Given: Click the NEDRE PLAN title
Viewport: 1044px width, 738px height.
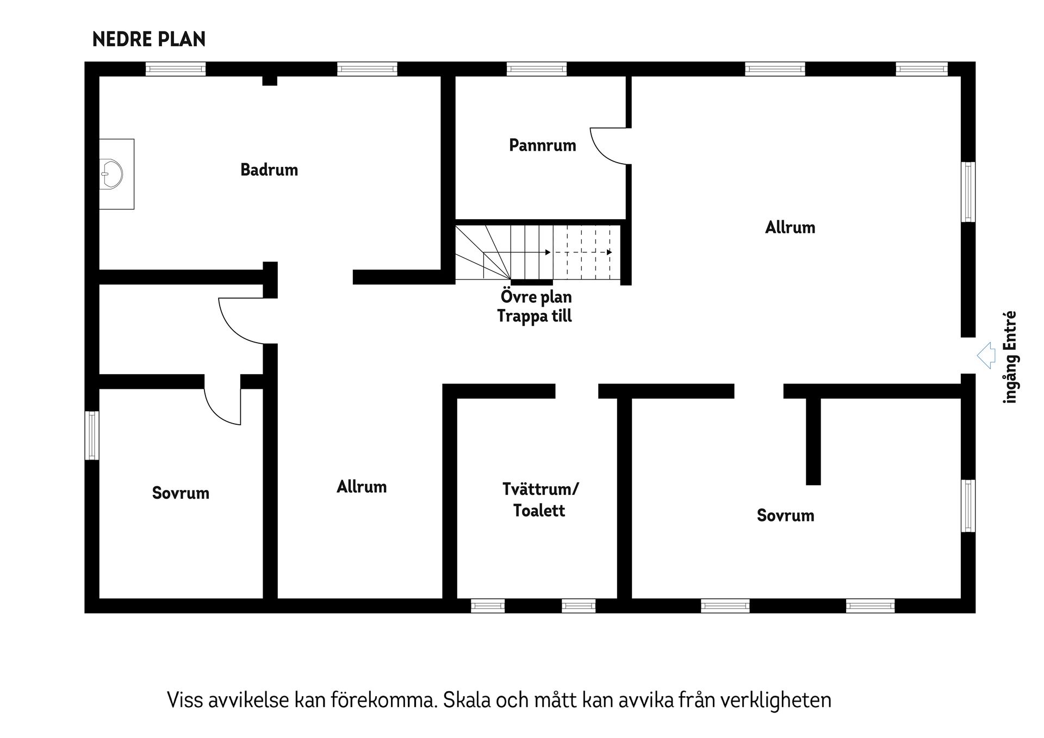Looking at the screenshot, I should pyautogui.click(x=149, y=40).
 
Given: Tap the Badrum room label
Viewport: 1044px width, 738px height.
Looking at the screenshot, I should pyautogui.click(x=269, y=170).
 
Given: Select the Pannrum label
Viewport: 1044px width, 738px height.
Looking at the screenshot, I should pyautogui.click(x=542, y=145).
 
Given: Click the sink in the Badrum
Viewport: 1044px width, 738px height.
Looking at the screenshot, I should pyautogui.click(x=111, y=174).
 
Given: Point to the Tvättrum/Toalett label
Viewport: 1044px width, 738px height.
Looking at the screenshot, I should pyautogui.click(x=540, y=500).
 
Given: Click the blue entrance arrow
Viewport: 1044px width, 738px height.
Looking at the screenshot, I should pyautogui.click(x=986, y=356).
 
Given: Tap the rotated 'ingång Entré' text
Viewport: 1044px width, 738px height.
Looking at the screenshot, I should pyautogui.click(x=1010, y=357).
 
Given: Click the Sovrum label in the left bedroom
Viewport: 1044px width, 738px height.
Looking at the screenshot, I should pyautogui.click(x=181, y=493).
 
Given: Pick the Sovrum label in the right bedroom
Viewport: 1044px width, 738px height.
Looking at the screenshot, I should pyautogui.click(x=785, y=516).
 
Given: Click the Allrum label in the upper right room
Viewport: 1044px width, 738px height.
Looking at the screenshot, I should pyautogui.click(x=790, y=227).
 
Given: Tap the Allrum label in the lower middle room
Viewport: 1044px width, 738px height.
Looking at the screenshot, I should pyautogui.click(x=362, y=487).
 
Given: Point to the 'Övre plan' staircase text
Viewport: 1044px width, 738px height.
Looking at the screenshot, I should pyautogui.click(x=536, y=297).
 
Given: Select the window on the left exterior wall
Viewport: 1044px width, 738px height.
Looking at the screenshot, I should pyautogui.click(x=91, y=436).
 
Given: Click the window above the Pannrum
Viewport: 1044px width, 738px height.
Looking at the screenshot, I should pyautogui.click(x=536, y=69).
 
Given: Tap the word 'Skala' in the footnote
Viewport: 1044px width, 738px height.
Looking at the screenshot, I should pyautogui.click(x=462, y=700).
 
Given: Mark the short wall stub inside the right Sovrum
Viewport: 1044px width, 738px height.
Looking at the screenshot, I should pyautogui.click(x=813, y=441).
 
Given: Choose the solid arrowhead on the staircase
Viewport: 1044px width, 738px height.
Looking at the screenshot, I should pyautogui.click(x=548, y=252).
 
